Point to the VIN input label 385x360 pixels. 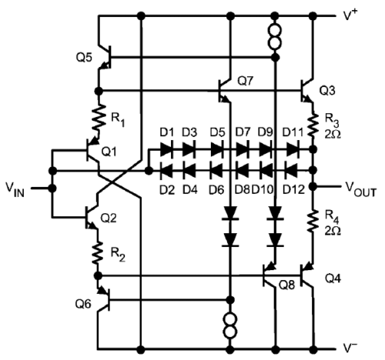15,190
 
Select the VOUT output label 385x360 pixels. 360,189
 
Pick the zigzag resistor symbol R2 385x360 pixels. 98,252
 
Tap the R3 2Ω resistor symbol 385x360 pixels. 313,125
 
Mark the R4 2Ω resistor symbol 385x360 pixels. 313,221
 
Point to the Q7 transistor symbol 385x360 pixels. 224,90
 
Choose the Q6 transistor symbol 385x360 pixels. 104,299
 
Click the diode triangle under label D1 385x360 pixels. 166,149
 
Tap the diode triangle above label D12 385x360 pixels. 292,170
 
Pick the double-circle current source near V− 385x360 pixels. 230,325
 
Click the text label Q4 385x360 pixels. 333,278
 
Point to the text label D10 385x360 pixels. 263,190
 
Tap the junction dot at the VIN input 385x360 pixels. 52,188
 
